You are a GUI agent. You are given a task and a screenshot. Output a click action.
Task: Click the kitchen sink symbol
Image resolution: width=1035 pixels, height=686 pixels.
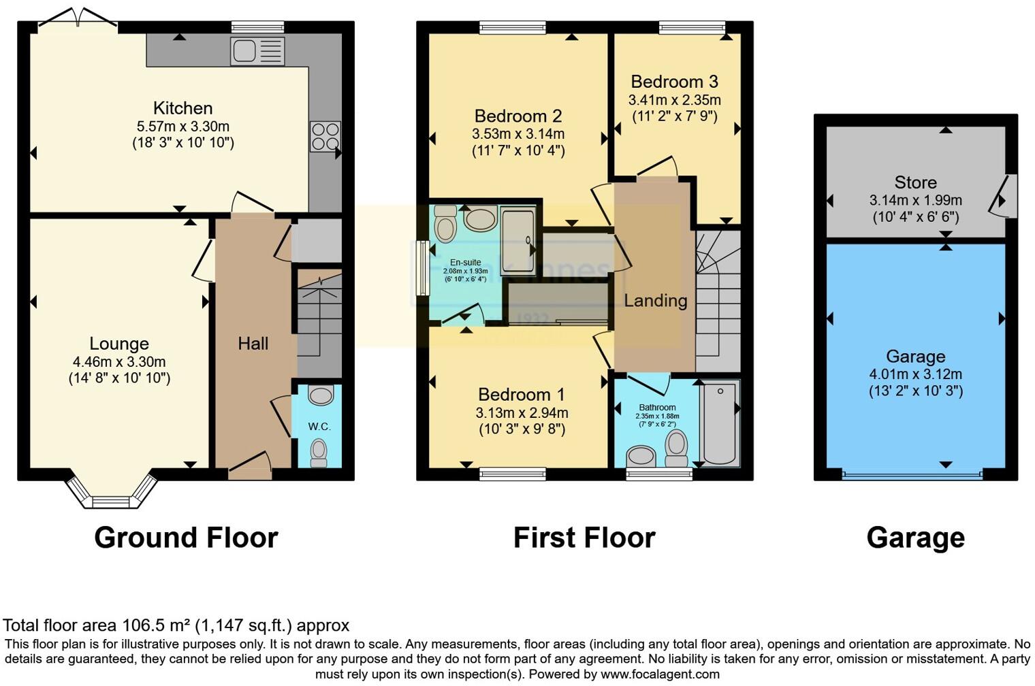[257, 52]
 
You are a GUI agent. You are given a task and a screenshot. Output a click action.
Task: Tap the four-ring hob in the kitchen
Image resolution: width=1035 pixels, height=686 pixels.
[325, 135]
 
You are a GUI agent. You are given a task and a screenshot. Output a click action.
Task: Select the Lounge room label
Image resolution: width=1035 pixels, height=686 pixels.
[119, 344]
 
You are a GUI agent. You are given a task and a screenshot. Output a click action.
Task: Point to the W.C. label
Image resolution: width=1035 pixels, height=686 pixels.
[319, 427]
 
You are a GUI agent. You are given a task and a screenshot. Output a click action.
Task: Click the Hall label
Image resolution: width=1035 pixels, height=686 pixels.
[253, 344]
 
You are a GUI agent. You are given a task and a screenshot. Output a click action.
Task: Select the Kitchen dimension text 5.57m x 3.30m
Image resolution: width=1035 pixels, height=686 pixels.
[182, 127]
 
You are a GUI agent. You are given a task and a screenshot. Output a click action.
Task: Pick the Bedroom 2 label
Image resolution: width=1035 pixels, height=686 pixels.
[517, 116]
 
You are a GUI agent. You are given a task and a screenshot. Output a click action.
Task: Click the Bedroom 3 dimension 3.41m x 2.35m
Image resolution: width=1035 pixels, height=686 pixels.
[674, 99]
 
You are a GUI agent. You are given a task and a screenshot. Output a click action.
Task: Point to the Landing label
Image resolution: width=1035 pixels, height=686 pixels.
[655, 300]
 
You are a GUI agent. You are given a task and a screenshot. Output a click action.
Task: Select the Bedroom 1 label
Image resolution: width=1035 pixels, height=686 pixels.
[521, 395]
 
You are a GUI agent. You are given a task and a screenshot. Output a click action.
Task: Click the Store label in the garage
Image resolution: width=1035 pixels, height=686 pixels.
[915, 182]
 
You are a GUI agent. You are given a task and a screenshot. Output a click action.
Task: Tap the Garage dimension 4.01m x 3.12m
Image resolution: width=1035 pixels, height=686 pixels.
[915, 374]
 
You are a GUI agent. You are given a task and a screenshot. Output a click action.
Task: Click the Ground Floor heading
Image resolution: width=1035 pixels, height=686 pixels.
[186, 538]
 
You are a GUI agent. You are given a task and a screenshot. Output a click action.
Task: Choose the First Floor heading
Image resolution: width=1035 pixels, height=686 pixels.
[584, 538]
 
